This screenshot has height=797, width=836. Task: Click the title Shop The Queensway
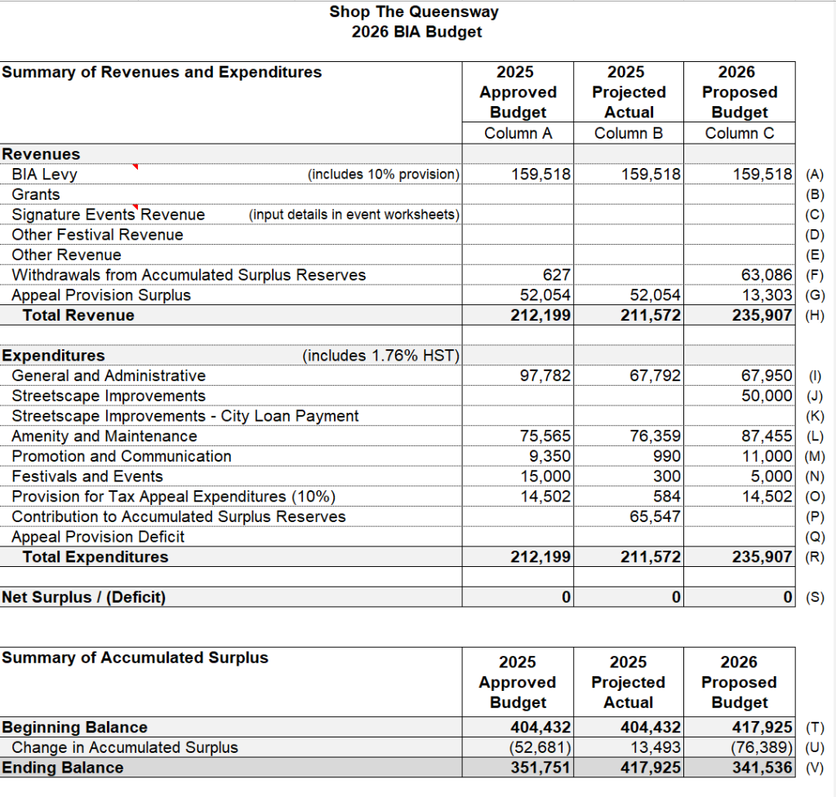pos(414,11)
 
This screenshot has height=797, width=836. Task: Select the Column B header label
pos(628,133)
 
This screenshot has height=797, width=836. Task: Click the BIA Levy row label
pos(44,175)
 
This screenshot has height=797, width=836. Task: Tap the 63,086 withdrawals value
pos(766,275)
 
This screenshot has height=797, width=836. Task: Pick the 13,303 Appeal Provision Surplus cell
pos(766,295)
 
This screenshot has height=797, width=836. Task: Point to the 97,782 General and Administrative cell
pos(545,376)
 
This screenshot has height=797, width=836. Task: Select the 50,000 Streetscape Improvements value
pos(766,396)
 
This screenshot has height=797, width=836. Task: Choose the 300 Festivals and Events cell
pos(666,476)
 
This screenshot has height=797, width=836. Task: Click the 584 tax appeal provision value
pos(666,497)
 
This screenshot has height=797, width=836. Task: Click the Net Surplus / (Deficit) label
pos(83,598)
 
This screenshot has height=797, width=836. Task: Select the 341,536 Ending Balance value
pos(761,768)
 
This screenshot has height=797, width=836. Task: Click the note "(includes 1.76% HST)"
pos(381,356)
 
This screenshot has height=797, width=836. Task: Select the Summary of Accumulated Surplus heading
pos(135,658)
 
